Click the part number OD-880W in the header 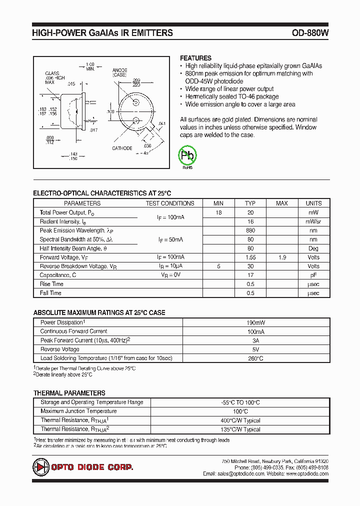[x=310, y=33]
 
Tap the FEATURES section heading [x=195, y=58]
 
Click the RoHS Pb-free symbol [x=188, y=157]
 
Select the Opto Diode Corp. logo [x=83, y=467]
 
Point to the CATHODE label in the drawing [x=122, y=148]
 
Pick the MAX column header [x=282, y=203]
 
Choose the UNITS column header [x=313, y=203]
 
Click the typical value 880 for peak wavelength [x=250, y=230]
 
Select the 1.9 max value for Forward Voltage [x=282, y=257]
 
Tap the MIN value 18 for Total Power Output [x=218, y=212]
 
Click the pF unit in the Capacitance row [x=313, y=275]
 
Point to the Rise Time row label [x=51, y=284]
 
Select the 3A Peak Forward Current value [x=256, y=340]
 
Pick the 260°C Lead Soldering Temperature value [x=256, y=358]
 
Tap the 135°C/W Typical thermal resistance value [x=240, y=429]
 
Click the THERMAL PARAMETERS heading [x=69, y=393]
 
